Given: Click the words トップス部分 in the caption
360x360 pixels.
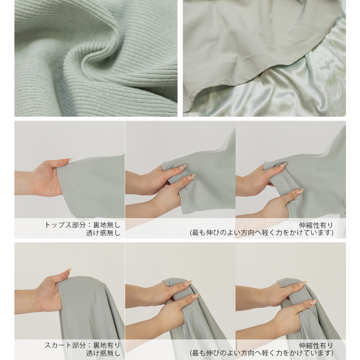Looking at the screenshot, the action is (x=65, y=225).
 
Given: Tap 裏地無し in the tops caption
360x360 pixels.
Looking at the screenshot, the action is (x=107, y=225).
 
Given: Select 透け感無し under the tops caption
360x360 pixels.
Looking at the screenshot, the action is (x=103, y=233).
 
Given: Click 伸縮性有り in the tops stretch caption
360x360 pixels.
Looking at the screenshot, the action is (x=316, y=225).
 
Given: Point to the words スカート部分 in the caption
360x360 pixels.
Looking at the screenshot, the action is (x=65, y=345).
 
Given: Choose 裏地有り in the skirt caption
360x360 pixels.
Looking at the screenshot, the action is (x=107, y=345).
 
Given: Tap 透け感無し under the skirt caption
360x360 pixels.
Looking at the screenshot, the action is (x=103, y=354).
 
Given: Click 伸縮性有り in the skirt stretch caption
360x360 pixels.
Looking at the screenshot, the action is (x=316, y=346).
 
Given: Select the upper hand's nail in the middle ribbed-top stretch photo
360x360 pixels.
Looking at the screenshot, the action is (x=183, y=166).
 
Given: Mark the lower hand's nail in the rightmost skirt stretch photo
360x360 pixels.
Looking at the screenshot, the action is (x=313, y=302).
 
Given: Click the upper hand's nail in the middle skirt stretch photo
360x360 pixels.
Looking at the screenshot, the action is (x=188, y=283).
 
